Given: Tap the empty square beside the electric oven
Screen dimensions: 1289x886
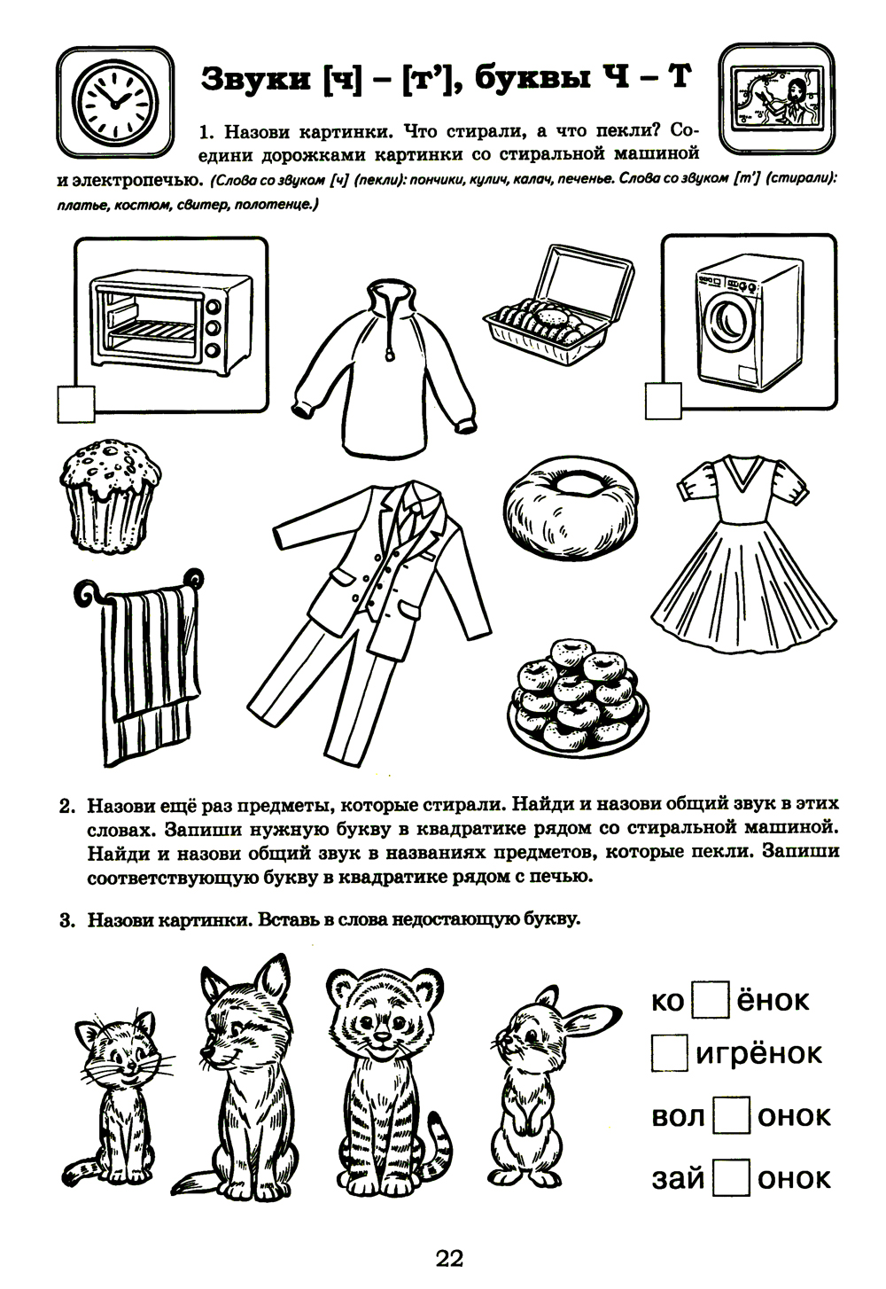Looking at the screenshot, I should [75, 402].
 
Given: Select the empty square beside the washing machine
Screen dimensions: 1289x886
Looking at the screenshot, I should [664, 401].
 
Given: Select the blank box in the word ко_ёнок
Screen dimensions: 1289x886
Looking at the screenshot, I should [709, 1001].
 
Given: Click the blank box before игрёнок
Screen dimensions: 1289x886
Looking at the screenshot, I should [669, 1053].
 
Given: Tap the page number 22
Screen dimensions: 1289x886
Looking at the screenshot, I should [449, 1258].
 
